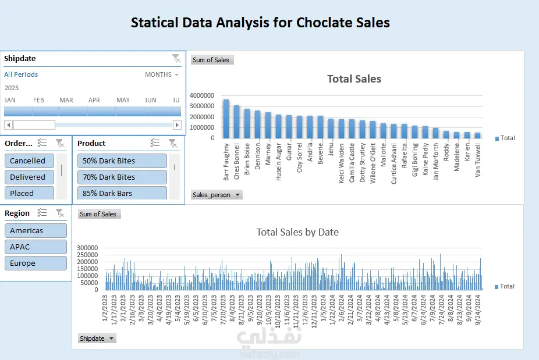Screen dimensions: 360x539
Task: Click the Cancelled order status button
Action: pos(29,161)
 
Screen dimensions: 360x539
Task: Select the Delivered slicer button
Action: pos(29,177)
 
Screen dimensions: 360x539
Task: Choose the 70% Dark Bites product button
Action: pos(122,177)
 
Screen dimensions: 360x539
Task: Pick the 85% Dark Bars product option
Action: pos(122,193)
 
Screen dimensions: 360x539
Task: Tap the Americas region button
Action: pos(35,230)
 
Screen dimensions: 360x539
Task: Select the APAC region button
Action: pos(35,247)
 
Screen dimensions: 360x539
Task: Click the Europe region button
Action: pos(35,263)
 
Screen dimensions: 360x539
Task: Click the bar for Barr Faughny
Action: pos(226,119)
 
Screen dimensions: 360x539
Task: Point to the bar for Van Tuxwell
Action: pos(477,136)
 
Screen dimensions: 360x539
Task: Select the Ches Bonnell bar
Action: pos(236,122)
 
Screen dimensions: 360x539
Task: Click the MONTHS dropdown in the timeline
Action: pos(162,74)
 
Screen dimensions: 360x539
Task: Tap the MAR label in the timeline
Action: pos(66,100)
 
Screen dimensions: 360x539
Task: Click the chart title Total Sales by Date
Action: pos(297,232)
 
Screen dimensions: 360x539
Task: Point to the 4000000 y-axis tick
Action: pos(202,95)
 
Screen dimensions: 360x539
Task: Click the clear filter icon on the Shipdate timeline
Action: pos(176,58)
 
